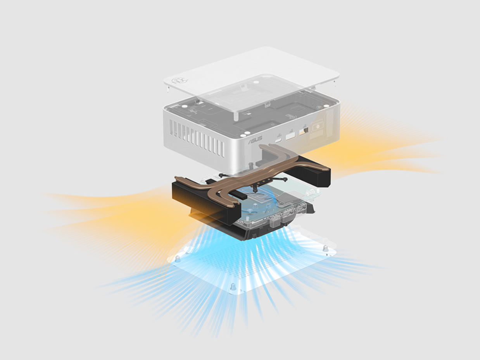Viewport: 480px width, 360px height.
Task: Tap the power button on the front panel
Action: tap(318, 127)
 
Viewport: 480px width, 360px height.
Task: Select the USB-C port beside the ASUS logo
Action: tap(278, 140)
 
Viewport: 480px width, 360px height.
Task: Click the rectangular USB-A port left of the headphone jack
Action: tap(290, 136)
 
